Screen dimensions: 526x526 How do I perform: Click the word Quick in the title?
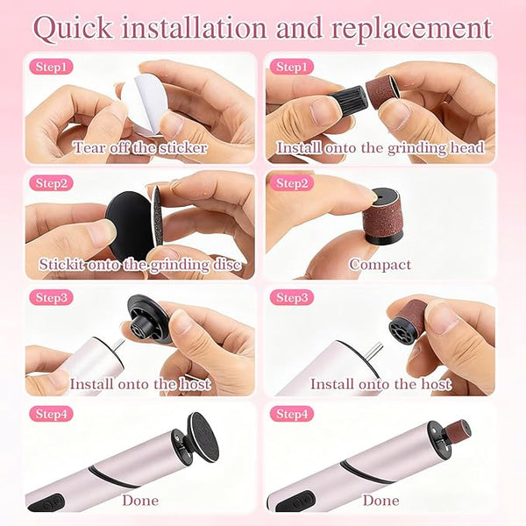(x=73, y=28)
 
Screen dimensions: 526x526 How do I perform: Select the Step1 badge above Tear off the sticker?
(x=51, y=67)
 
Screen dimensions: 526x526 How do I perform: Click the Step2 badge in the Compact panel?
(x=292, y=183)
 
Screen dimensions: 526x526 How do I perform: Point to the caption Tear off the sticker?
(x=140, y=147)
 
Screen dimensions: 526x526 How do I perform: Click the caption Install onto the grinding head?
(x=380, y=147)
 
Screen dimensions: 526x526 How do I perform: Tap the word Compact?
(x=380, y=265)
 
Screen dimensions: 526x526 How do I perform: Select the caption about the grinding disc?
(x=140, y=265)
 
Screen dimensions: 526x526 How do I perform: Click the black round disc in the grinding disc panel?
(x=130, y=225)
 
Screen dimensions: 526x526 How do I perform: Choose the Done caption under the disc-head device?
(x=140, y=501)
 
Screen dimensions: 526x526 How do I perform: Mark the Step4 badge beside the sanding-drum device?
(x=292, y=414)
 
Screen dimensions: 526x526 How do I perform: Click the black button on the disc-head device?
(x=46, y=504)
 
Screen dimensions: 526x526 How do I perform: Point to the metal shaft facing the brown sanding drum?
(x=373, y=353)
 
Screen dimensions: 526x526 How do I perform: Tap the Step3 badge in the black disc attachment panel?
(x=51, y=297)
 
